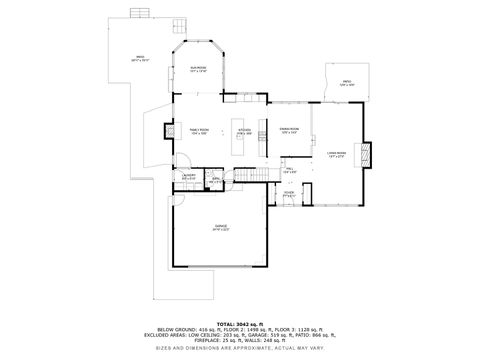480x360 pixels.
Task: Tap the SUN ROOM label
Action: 198,70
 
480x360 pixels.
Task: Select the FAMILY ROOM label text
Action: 199,131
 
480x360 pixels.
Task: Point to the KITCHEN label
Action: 244,131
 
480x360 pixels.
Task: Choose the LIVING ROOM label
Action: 336,154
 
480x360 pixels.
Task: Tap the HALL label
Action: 290,170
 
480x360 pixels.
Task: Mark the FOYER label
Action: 288,195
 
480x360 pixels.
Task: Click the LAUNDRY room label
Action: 188,177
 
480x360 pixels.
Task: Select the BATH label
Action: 215,182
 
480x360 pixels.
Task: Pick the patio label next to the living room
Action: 346,84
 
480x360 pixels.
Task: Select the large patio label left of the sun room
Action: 140,59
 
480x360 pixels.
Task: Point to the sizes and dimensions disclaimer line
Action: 240,348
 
